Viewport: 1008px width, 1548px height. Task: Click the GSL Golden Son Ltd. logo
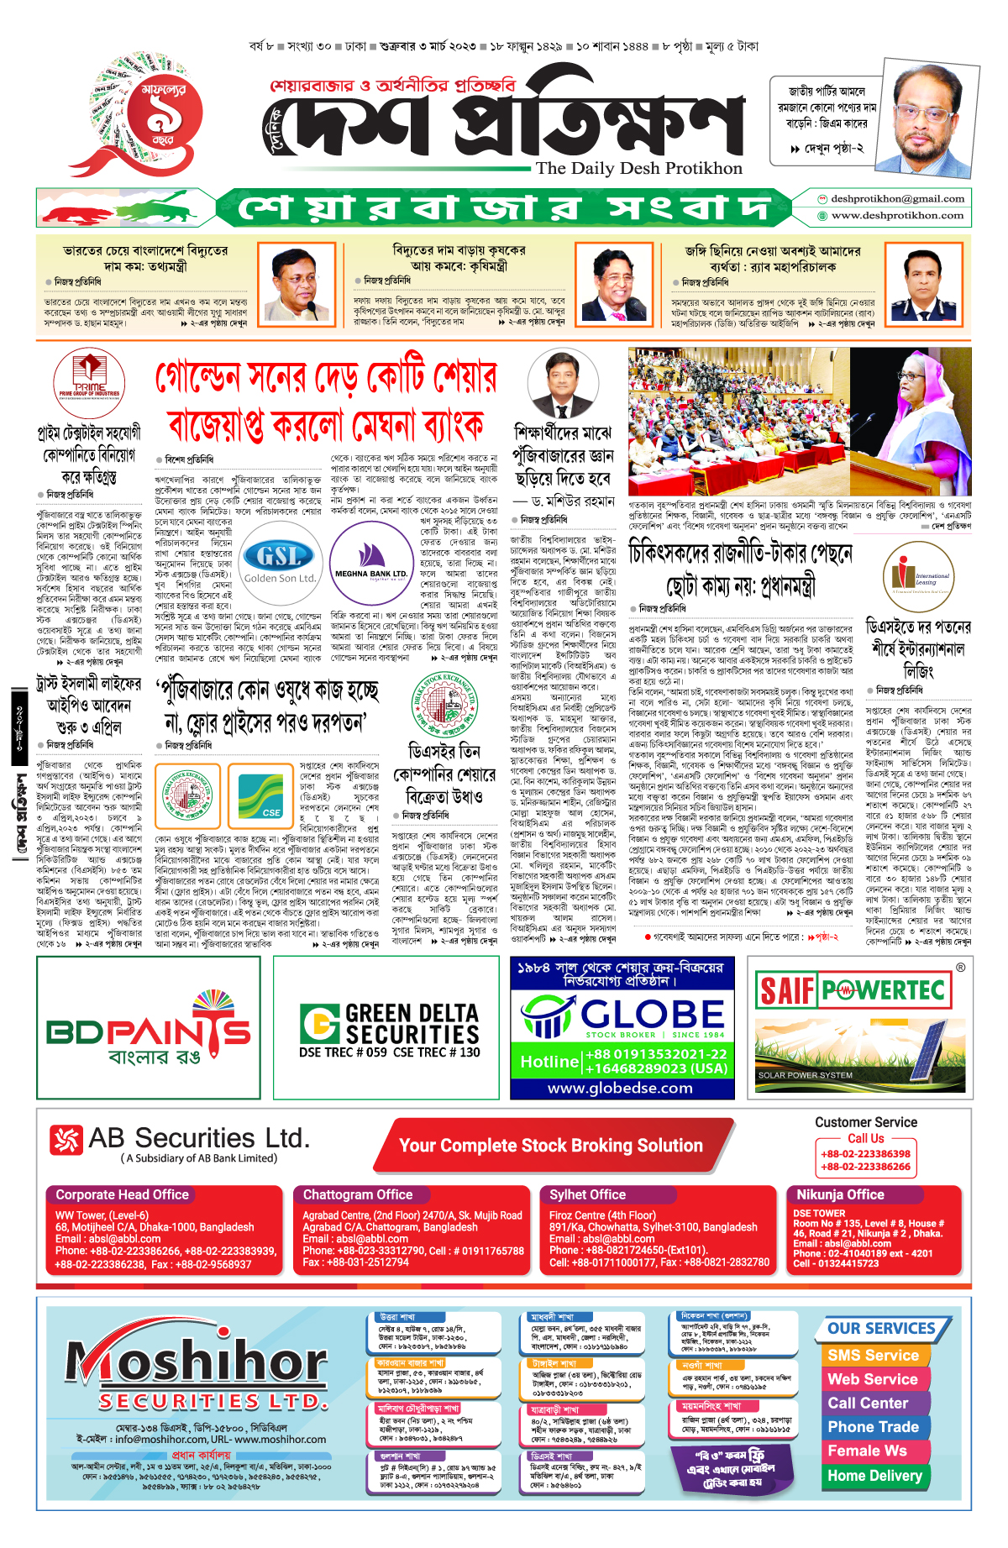click(x=280, y=562)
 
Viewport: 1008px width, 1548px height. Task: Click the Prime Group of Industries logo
click(x=89, y=383)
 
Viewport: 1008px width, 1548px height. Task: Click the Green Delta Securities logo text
click(x=391, y=1026)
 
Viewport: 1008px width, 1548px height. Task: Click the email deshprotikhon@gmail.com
click(x=896, y=199)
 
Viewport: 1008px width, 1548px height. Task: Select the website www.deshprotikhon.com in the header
click(x=896, y=216)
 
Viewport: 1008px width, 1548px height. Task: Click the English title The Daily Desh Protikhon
click(x=639, y=168)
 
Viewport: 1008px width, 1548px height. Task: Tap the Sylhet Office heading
click(x=587, y=1194)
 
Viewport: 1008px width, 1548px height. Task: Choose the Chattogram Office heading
click(x=358, y=1194)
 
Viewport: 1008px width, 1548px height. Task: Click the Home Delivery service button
click(x=874, y=1476)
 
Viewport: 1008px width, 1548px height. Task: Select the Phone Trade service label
click(x=873, y=1427)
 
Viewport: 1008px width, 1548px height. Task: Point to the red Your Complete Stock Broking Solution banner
click(x=551, y=1146)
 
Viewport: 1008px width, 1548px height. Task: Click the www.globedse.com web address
click(x=620, y=1088)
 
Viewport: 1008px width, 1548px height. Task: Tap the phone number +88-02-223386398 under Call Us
click(x=865, y=1154)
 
